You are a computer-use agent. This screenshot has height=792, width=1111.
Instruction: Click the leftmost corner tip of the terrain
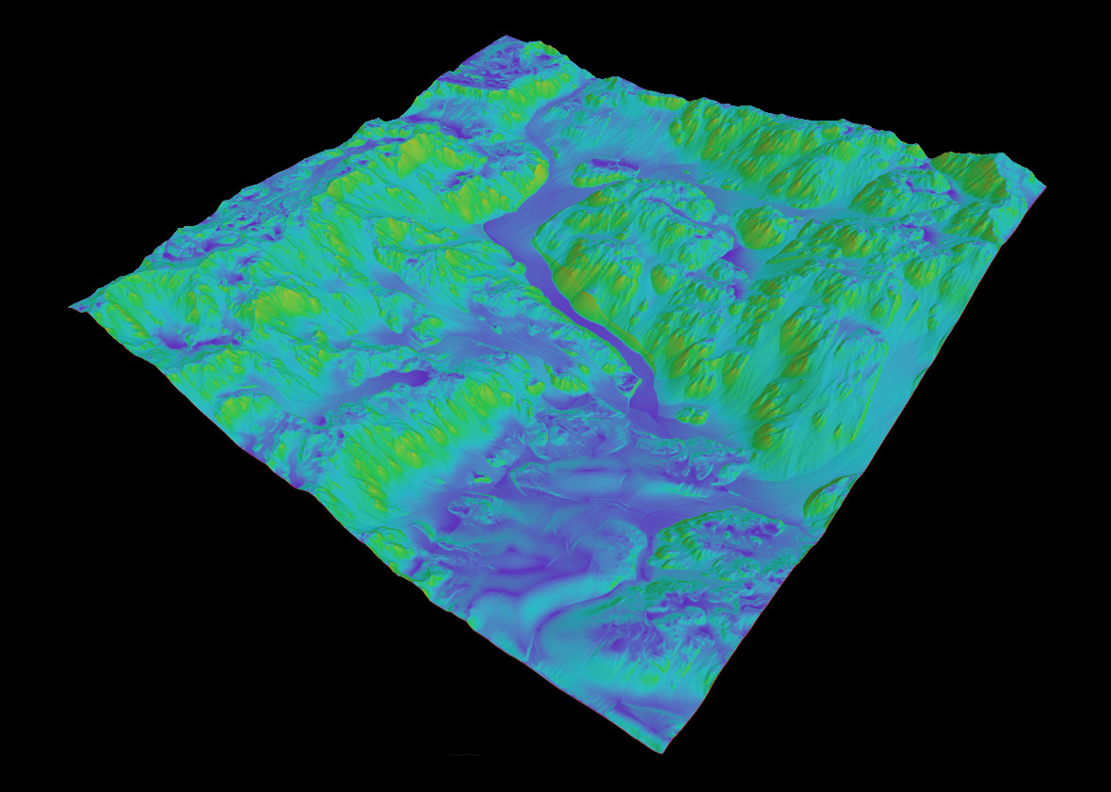point(72,307)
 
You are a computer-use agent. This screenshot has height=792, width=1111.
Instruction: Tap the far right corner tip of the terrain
point(1044,186)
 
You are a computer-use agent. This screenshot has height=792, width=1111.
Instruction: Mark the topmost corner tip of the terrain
point(507,37)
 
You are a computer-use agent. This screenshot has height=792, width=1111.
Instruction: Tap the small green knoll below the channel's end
point(692,415)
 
